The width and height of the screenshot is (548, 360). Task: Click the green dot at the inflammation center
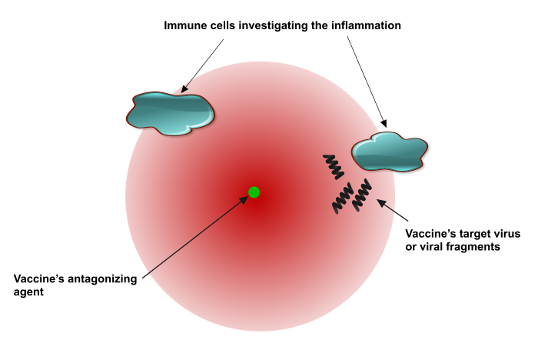254,192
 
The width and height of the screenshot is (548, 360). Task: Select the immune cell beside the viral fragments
389,152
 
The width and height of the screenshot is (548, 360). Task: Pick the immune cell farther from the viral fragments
169,112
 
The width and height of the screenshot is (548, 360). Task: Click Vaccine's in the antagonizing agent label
42,278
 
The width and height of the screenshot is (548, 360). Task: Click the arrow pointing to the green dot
196,235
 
